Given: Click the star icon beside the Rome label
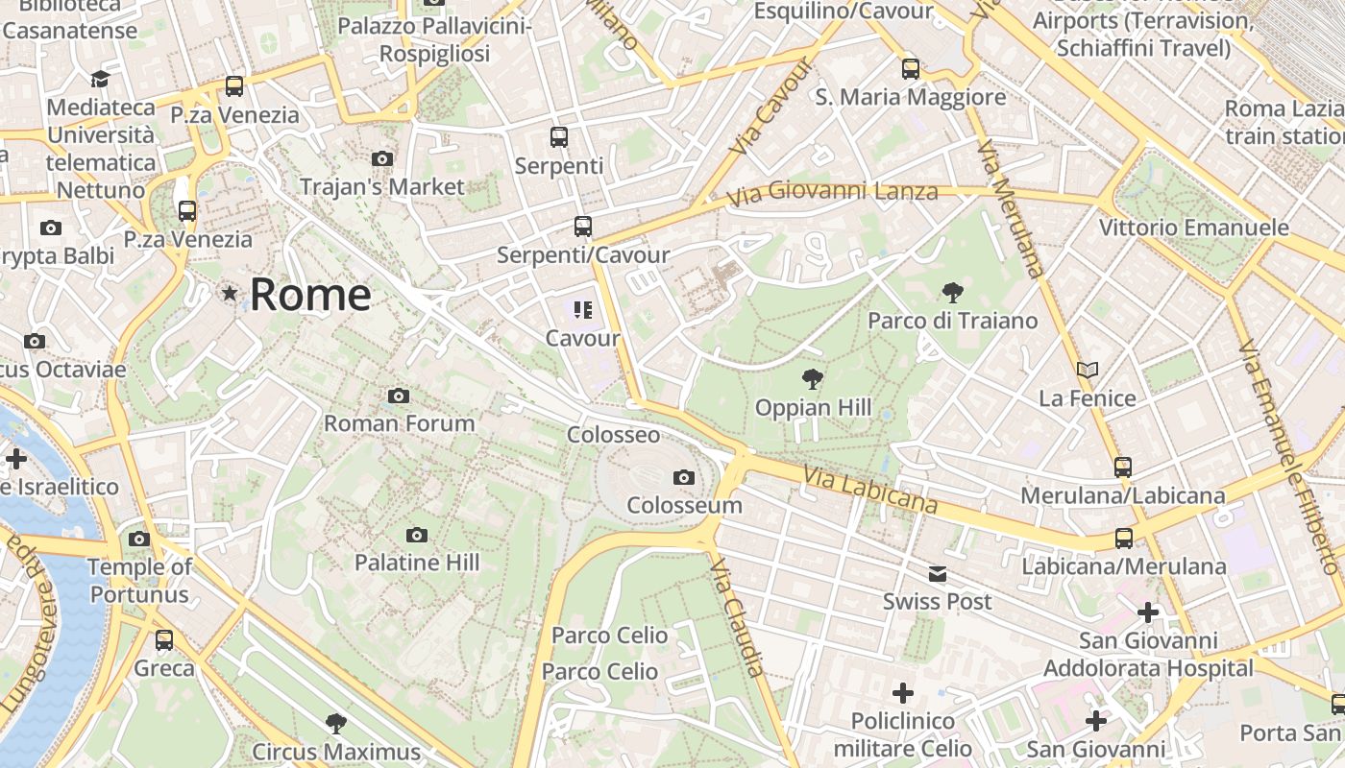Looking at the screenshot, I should pos(229,293).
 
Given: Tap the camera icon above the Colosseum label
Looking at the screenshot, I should pos(683,477).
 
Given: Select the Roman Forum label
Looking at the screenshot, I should pos(399,423).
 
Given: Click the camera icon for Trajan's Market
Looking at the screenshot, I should pos(381,158).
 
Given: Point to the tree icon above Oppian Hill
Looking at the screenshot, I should pos(813,379).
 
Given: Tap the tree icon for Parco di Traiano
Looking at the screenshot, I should pos(952,292).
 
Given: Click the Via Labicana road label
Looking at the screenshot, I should pos(870,490).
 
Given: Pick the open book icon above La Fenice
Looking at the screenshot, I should pos(1087,370).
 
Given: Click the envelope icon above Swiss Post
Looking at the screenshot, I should pos(937,574).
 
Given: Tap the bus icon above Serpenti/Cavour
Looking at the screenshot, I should pos(582,227).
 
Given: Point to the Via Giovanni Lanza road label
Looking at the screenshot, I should pos(832,194).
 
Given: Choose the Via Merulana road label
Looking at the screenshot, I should pos(1010,207).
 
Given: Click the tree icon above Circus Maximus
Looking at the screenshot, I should pos(335,723).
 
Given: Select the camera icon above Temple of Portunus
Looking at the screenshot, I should pos(139,539).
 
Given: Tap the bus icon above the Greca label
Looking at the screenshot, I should pos(164,639).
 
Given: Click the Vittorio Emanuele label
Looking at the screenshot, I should pos(1193,228).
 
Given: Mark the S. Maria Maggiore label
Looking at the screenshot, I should pos(910,97).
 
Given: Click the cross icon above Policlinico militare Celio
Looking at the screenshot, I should pos(903,692).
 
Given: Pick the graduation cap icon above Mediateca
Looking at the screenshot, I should pos(100,79).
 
